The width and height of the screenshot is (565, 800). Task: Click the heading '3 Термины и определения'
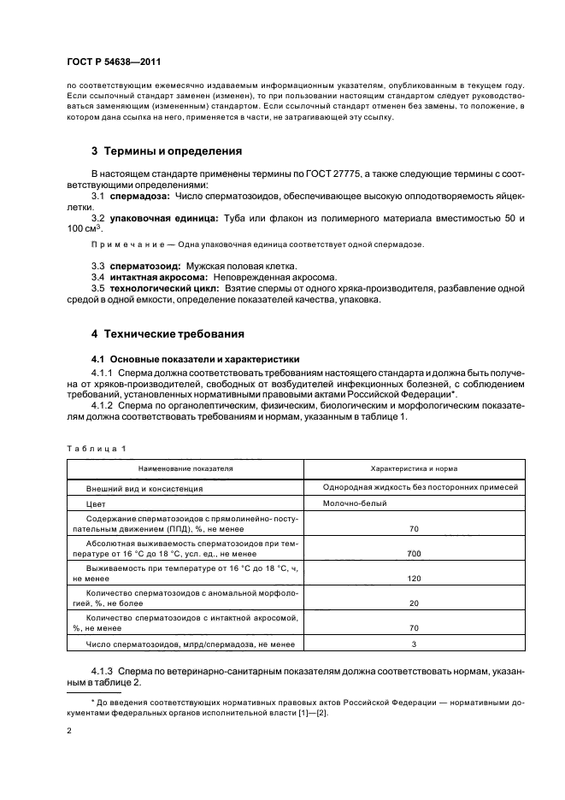(166, 151)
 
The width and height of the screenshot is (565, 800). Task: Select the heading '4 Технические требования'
(168, 333)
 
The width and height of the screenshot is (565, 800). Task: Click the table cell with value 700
(414, 554)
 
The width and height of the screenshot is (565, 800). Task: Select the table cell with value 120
(414, 578)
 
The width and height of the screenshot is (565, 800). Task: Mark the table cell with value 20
(414, 603)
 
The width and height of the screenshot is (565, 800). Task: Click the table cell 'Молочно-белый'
(355, 504)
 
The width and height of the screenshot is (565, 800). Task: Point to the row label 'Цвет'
(95, 504)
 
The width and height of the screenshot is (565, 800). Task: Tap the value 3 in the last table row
(414, 644)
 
